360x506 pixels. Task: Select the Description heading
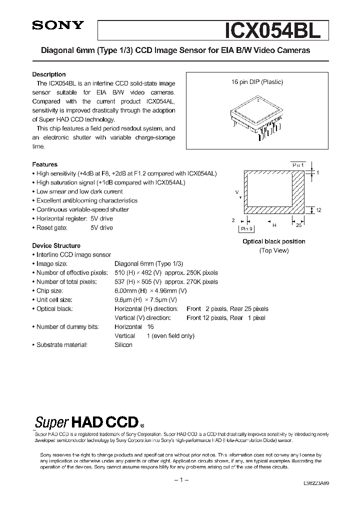click(49, 74)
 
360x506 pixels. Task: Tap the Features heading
click(45, 164)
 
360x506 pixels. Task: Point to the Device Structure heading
click(56, 246)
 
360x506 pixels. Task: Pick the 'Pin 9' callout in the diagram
click(246, 228)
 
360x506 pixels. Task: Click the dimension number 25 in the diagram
click(298, 225)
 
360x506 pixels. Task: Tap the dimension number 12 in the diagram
click(318, 210)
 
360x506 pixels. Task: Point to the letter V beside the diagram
click(236, 192)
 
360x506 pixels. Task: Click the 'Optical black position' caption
click(273, 241)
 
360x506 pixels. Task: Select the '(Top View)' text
click(273, 250)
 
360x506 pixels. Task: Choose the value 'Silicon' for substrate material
click(123, 345)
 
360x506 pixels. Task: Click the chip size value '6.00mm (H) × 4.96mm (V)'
click(150, 291)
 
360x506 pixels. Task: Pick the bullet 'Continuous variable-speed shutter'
click(82, 209)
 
